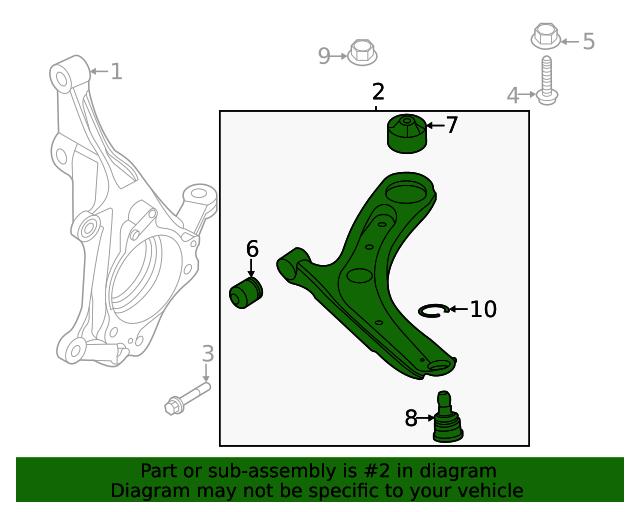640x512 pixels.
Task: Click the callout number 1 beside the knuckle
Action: tap(116, 71)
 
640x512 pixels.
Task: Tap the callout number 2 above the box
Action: tap(377, 92)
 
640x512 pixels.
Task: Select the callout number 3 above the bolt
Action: tap(207, 353)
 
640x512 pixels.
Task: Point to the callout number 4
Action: tap(513, 96)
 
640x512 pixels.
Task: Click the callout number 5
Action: tap(588, 41)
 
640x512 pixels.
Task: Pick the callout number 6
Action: tap(252, 248)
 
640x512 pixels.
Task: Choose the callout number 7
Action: tap(451, 125)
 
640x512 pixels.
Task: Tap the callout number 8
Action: tap(411, 419)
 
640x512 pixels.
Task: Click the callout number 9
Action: tap(324, 56)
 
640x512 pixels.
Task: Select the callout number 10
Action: tap(482, 309)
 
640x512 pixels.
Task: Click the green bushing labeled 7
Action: tap(406, 135)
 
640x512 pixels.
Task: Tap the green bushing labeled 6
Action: tap(246, 294)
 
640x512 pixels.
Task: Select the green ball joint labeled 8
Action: tap(446, 418)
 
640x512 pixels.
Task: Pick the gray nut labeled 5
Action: tap(544, 37)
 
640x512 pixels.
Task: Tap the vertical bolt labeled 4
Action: tap(545, 80)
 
